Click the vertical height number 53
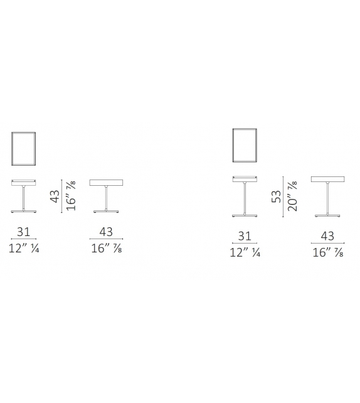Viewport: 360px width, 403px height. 277,196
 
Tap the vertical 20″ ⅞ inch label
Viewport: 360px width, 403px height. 292,196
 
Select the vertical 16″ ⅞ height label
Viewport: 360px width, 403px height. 71,196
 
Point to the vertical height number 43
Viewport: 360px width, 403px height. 55,196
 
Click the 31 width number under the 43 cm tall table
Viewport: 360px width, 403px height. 24,232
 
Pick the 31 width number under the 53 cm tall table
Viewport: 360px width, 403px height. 245,236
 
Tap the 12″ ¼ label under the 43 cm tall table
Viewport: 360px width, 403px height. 24,249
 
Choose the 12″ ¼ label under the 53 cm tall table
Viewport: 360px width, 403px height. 245,252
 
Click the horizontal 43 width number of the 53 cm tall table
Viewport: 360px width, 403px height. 327,236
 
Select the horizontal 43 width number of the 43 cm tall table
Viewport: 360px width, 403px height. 106,232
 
